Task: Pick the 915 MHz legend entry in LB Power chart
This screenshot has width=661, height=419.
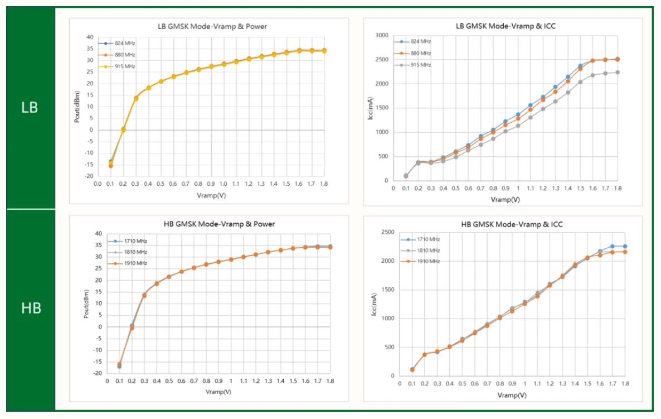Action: pyautogui.click(x=121, y=66)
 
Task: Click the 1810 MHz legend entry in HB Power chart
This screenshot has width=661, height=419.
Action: pyautogui.click(x=132, y=252)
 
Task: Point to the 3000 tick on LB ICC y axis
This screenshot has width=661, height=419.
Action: pyautogui.click(x=381, y=35)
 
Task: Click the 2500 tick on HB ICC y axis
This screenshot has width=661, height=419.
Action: pyautogui.click(x=385, y=233)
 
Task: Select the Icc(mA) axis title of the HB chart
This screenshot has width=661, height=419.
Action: pyautogui.click(x=374, y=304)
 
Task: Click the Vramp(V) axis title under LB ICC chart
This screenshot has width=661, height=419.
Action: pyautogui.click(x=504, y=199)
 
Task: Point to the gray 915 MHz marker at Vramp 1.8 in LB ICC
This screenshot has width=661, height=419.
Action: pyautogui.click(x=618, y=72)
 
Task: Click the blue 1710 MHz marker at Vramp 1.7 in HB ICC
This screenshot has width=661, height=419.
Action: pyautogui.click(x=612, y=246)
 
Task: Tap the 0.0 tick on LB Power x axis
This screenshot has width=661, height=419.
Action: pyautogui.click(x=98, y=183)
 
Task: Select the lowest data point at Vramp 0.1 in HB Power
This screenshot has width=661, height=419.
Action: pyautogui.click(x=119, y=366)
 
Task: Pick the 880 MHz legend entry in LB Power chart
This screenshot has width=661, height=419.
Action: pyautogui.click(x=121, y=55)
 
